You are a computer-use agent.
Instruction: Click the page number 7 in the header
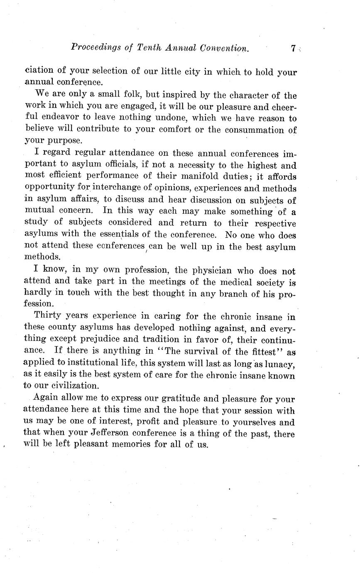293,49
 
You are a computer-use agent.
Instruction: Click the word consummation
252,130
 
